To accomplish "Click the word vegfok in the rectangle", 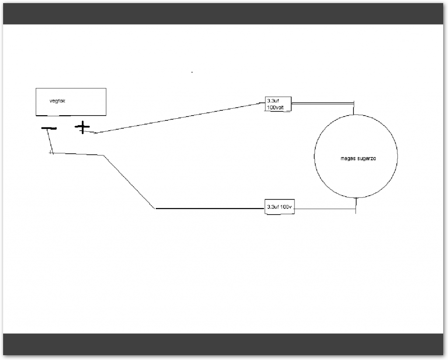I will point(57,101).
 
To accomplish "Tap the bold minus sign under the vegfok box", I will point(49,128).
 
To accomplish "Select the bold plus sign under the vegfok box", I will point(82,127).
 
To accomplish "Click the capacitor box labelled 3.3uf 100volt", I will point(278,104).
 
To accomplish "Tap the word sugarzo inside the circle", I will point(365,159).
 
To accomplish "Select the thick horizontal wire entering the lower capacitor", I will point(210,208).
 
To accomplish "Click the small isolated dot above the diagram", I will point(192,72).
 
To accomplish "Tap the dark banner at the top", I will point(224,14).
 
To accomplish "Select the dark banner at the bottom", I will point(224,344).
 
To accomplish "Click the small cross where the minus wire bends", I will point(52,152).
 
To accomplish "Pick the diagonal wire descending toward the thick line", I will point(129,181).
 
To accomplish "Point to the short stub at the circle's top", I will point(354,109).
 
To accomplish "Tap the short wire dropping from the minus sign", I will point(50,140).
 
